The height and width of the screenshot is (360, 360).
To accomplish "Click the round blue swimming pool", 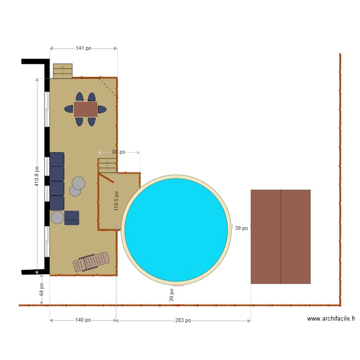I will click(x=176, y=229).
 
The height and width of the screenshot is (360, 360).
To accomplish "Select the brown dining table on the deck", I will click(x=86, y=109).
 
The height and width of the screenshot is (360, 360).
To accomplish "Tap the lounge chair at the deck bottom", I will click(x=91, y=262).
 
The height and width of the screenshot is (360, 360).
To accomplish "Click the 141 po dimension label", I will click(x=84, y=48).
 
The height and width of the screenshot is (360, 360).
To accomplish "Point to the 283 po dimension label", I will click(x=183, y=320).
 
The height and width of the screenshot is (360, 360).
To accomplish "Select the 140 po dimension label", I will click(x=83, y=320).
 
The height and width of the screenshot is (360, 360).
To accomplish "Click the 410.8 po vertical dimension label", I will click(x=37, y=176).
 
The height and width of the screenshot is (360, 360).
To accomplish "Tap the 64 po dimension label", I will click(x=41, y=289).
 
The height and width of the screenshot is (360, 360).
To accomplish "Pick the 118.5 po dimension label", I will click(x=116, y=201).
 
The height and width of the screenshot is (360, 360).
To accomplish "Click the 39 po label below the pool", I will click(x=171, y=295).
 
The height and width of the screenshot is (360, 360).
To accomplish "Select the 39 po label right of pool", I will click(x=241, y=228).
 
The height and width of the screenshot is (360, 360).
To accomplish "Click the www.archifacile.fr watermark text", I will click(x=331, y=318).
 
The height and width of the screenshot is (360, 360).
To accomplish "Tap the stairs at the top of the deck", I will click(x=62, y=71).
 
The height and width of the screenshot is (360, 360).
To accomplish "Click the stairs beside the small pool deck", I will click(x=108, y=166).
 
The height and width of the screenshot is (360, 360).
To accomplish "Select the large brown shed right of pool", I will click(x=280, y=237).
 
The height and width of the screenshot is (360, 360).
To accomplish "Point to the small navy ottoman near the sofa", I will click(x=72, y=218).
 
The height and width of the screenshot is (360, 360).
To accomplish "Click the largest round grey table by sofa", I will click(x=79, y=183).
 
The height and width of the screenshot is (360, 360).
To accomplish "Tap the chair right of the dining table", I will click(x=102, y=109).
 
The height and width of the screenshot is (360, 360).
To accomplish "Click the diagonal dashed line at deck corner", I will click(x=108, y=87).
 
